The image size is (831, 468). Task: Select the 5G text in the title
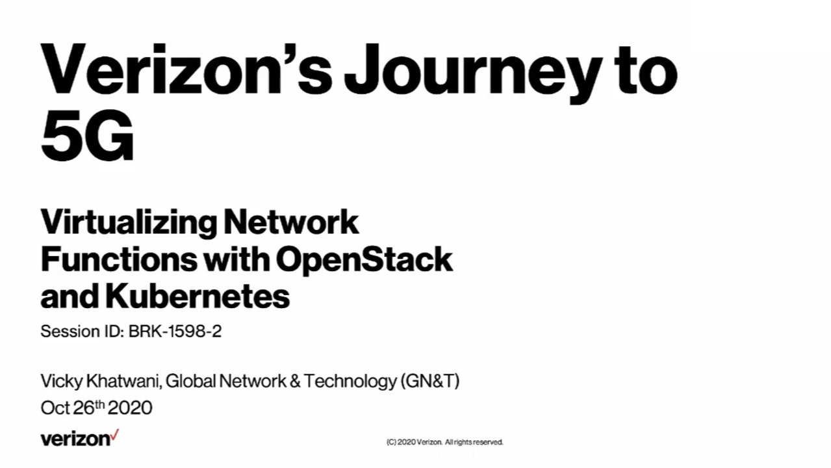click(87, 138)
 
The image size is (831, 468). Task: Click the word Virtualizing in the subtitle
click(129, 222)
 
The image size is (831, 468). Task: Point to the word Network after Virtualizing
click(291, 222)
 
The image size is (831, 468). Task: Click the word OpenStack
click(364, 259)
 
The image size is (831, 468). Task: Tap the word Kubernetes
click(197, 296)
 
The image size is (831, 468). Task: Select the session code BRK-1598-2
click(175, 331)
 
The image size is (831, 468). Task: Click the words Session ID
click(81, 331)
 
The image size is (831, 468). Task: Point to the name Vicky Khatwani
click(101, 381)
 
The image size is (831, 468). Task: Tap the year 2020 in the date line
click(130, 408)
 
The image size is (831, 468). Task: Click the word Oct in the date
click(55, 408)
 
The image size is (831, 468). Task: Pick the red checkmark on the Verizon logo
click(115, 434)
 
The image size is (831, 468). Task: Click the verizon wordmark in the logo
click(75, 439)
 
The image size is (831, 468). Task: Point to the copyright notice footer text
click(444, 442)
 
